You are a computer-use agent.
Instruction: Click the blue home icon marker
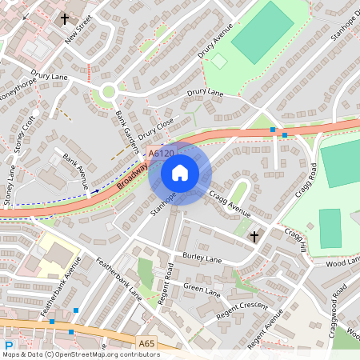pyautogui.click(x=180, y=172)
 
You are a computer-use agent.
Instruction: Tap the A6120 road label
pyautogui.click(x=161, y=152)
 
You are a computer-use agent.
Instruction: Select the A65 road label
pyautogui.click(x=146, y=344)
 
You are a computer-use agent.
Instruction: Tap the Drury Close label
pyautogui.click(x=155, y=129)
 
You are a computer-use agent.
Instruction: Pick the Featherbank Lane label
pyautogui.click(x=119, y=279)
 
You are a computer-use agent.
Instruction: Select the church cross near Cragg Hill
pyautogui.click(x=254, y=236)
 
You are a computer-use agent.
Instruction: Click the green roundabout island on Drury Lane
pyautogui.click(x=107, y=94)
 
